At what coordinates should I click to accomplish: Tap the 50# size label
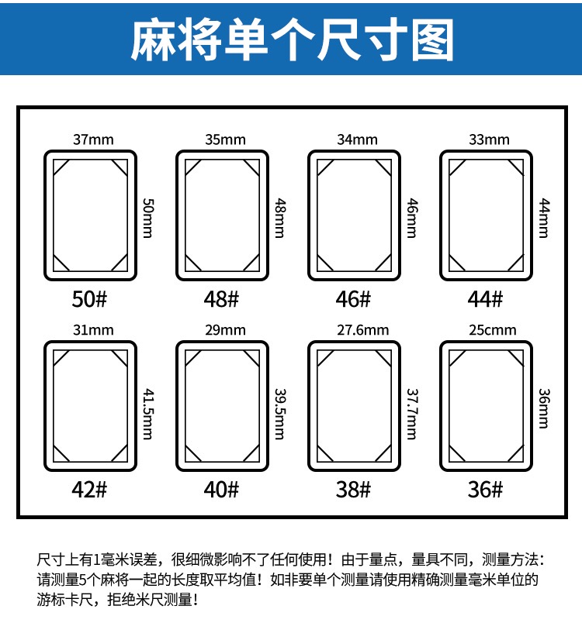pyautogui.click(x=89, y=298)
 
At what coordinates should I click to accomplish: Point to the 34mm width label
pyautogui.click(x=357, y=140)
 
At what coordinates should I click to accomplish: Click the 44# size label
pyautogui.click(x=486, y=298)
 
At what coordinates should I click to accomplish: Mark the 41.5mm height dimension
pyautogui.click(x=147, y=404)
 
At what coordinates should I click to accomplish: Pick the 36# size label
pyautogui.click(x=486, y=490)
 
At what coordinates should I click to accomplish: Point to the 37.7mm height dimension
pyautogui.click(x=412, y=404)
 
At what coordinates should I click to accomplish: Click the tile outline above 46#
pyautogui.click(x=355, y=215)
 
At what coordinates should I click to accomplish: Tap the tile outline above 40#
pyautogui.click(x=223, y=405)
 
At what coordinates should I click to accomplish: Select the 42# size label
pyautogui.click(x=89, y=490)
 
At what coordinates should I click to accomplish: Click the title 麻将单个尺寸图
pyautogui.click(x=291, y=38)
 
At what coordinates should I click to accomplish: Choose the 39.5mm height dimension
pyautogui.click(x=280, y=404)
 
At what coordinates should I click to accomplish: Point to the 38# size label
pyautogui.click(x=354, y=490)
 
